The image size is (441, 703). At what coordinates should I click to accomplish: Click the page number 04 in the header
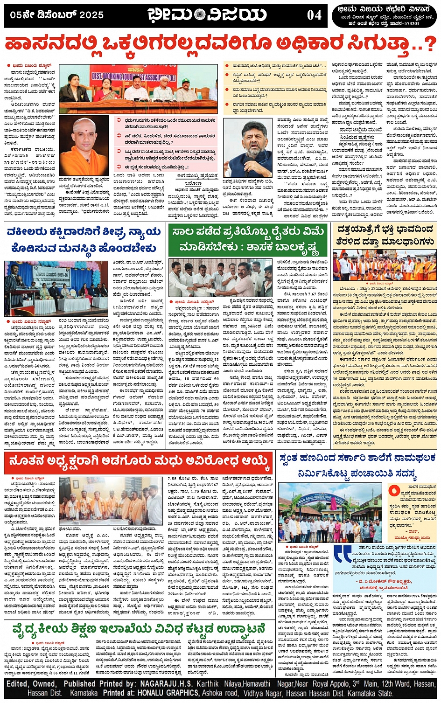click(x=314, y=15)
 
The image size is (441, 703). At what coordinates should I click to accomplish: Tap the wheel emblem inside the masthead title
click(x=200, y=15)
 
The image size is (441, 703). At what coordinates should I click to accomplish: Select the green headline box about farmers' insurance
click(x=248, y=239)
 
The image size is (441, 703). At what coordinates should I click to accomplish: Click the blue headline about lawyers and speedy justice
click(x=84, y=239)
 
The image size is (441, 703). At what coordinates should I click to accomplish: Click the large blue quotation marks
click(x=343, y=553)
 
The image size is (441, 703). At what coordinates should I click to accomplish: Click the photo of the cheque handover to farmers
click(x=220, y=278)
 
